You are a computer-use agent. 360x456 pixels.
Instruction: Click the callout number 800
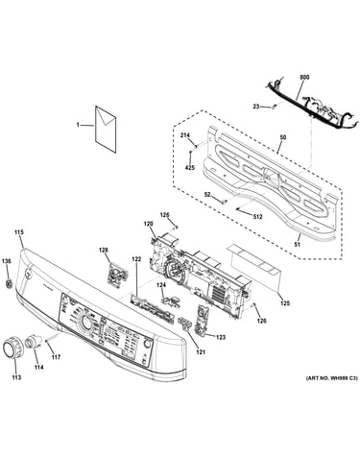[304, 77]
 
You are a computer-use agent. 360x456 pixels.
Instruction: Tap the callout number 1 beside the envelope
[78, 125]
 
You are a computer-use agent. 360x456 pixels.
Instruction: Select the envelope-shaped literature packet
[106, 130]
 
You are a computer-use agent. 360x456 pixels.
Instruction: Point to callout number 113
[16, 377]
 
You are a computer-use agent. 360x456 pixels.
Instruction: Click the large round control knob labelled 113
[13, 347]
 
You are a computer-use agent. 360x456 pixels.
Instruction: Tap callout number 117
[56, 357]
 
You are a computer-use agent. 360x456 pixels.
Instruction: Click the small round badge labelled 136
[9, 283]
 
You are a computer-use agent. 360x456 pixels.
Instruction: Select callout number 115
[19, 232]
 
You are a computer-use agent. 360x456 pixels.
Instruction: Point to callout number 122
[136, 259]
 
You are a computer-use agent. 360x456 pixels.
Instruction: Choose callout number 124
[161, 284]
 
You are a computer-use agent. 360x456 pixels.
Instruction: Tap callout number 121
[201, 352]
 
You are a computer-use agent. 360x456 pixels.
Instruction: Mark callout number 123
[221, 337]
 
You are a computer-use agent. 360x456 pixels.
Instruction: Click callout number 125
[285, 303]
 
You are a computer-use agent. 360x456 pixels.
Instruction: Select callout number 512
[257, 217]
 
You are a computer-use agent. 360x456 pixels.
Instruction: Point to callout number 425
[190, 167]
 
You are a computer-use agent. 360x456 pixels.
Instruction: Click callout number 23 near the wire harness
[256, 107]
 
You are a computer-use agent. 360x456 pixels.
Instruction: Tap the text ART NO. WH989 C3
[332, 378]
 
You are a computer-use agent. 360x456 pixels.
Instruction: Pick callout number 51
[298, 245]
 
